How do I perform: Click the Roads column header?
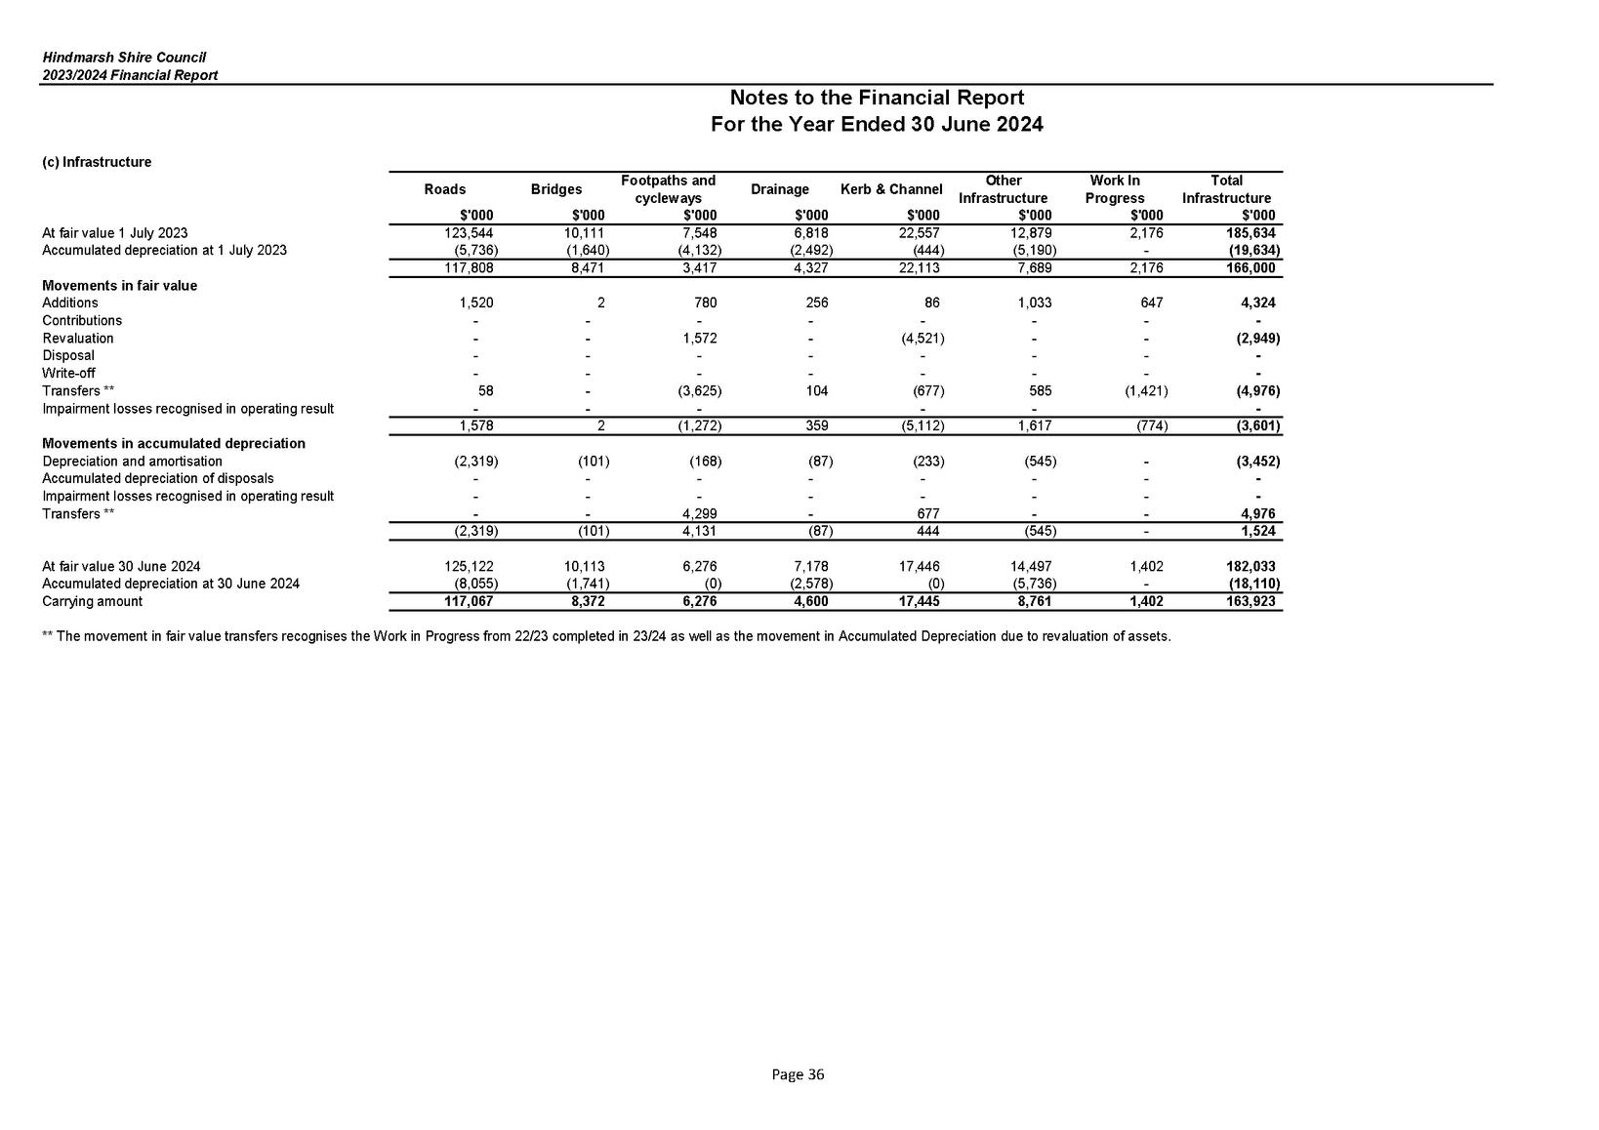click(444, 189)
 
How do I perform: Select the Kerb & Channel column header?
click(890, 189)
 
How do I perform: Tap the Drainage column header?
click(779, 189)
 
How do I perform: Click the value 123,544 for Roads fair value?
click(471, 233)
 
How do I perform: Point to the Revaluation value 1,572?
click(700, 339)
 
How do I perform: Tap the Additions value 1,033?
click(1033, 303)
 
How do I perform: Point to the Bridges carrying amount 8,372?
click(588, 602)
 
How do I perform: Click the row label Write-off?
click(68, 374)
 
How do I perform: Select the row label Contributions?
click(82, 321)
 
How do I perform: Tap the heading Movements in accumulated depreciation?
click(174, 444)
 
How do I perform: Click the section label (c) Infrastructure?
click(97, 162)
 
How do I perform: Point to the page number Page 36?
click(798, 1074)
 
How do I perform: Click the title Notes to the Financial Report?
click(877, 98)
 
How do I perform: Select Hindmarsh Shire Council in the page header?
click(124, 59)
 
